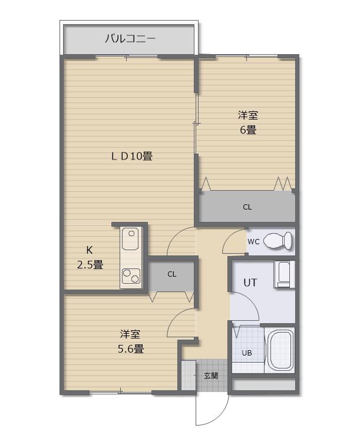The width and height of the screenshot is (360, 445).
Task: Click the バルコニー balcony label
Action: pos(130,38)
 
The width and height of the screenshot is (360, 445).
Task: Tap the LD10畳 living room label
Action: pos(132,156)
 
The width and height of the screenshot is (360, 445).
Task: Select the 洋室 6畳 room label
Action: pos(248,122)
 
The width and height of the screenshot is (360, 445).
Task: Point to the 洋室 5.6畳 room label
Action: pos(130,341)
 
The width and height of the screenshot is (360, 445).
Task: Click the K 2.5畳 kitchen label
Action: pos(90,258)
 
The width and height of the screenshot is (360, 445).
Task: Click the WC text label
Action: pos(253,242)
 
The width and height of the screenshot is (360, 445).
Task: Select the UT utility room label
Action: pos(250,283)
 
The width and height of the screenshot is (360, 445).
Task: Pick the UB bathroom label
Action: pos(247,353)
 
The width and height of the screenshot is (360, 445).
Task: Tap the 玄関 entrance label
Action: pos(211,376)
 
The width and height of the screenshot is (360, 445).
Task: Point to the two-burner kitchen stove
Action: pos(131,276)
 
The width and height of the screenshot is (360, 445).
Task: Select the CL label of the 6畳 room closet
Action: pos(247,207)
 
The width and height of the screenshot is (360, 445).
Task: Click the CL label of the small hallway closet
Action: pos(172,274)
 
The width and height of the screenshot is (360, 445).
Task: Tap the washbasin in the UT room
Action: pos(284,274)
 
